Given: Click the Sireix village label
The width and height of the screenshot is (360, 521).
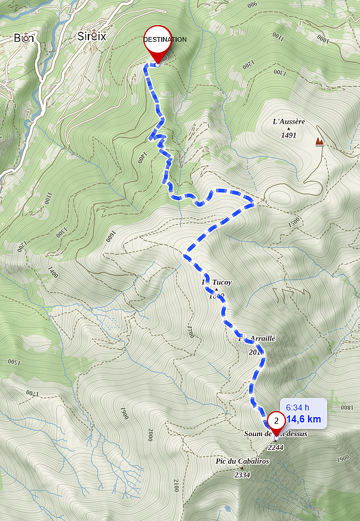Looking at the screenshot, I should pos(91,36).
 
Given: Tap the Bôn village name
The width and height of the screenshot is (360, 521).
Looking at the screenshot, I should pos(24,38).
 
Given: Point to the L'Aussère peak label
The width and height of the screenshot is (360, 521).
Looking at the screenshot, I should pos(288,122).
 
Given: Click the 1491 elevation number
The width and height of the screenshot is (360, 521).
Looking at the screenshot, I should pos(288,135).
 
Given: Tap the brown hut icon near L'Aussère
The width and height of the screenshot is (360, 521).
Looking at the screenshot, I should pos(320,142).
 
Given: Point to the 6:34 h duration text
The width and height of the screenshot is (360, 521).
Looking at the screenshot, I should pos(297,407).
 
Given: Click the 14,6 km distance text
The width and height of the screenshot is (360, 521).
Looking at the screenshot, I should pos(304,419).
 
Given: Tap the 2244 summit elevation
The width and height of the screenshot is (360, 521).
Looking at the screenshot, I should pos(276,447).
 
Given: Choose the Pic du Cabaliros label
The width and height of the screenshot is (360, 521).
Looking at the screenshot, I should pos(242,461).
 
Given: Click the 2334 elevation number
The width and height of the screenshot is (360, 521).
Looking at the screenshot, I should pos(242,475).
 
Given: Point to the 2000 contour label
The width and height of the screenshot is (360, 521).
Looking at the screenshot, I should pos(150,435).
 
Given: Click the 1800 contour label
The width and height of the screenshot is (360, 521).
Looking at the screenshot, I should pos(346,407).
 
